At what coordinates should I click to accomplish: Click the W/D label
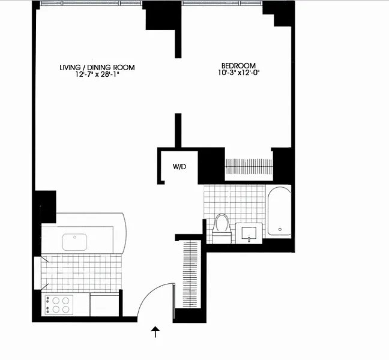(x=179, y=167)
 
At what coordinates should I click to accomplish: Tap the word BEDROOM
(x=238, y=66)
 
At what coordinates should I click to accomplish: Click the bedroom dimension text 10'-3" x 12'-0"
(x=239, y=73)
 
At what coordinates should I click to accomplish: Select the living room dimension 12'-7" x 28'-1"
(x=97, y=74)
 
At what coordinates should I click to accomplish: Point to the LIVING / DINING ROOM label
(x=97, y=67)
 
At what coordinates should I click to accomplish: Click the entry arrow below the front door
(x=155, y=332)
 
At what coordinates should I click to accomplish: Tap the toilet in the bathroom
(x=222, y=229)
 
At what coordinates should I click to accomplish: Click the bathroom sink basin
(x=249, y=233)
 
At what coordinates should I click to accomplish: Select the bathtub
(x=279, y=211)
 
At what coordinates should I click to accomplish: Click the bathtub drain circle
(x=280, y=229)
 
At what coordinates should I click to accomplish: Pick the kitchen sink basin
(x=74, y=242)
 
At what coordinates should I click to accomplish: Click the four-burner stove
(x=59, y=305)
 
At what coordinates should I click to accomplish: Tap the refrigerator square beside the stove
(x=104, y=305)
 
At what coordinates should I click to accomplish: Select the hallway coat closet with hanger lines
(x=190, y=274)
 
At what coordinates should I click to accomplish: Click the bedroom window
(x=222, y=3)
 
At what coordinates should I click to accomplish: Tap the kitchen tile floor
(x=82, y=273)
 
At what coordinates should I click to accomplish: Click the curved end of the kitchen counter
(x=125, y=233)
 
